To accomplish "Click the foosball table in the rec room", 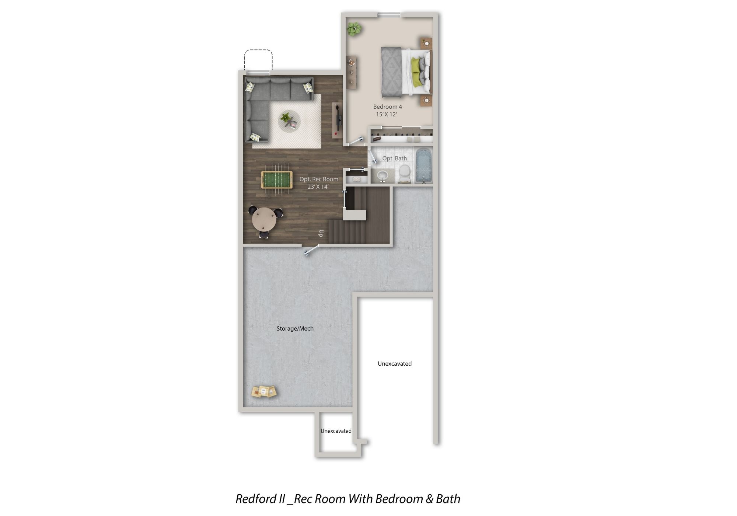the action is pos(277,180).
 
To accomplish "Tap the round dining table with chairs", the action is pos(265,220).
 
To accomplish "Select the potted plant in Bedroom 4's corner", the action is pos(354,29).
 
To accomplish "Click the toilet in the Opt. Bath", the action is pos(405,174).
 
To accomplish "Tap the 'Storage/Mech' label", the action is pos(295,328).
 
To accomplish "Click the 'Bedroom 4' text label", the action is pos(388,107).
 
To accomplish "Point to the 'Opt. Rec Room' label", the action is pos(319,179).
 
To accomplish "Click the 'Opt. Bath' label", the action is pos(395,158).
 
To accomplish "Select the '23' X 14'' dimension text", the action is pos(318,187).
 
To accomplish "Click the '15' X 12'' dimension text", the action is pos(387,114).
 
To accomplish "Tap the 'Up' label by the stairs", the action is pos(321,233).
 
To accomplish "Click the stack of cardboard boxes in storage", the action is pos(264,392).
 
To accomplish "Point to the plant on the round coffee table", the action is pos(286,118).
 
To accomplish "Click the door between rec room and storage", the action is pos(311,250).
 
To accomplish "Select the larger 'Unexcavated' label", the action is pos(395,364).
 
